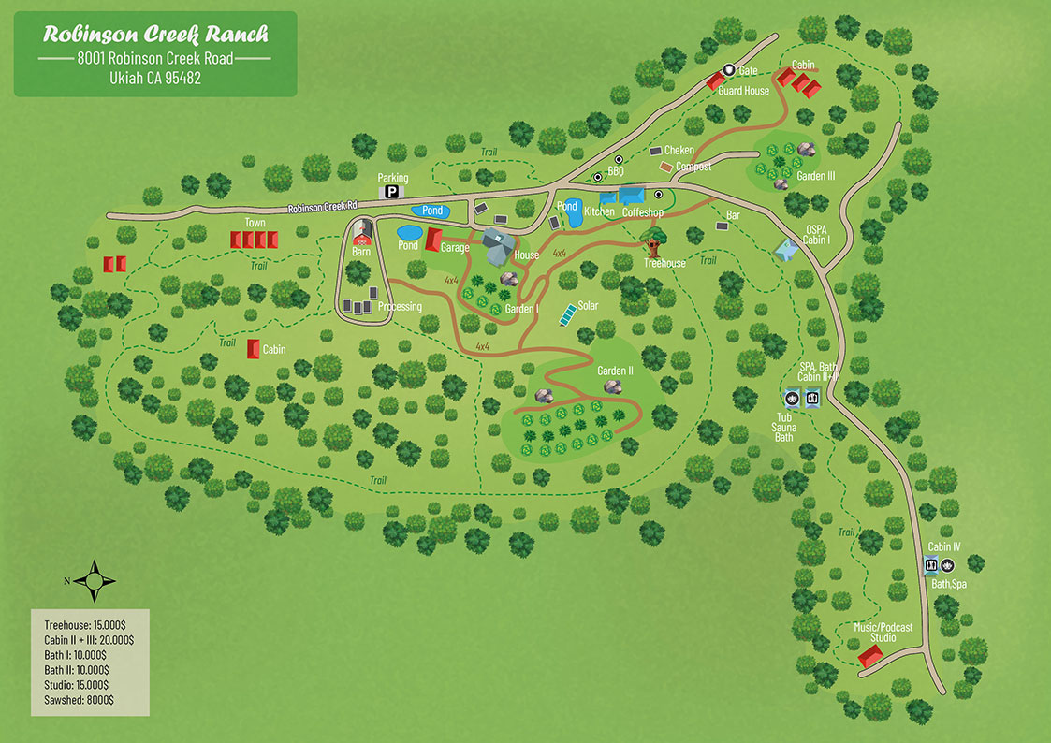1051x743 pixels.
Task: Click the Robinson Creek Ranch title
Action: [155, 35]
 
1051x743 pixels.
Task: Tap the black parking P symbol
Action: [392, 192]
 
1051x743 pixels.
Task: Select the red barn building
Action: [363, 230]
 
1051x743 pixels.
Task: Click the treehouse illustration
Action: [653, 246]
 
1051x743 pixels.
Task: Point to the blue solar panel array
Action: [566, 313]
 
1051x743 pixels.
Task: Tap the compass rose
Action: [95, 580]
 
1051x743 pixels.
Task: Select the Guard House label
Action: [743, 91]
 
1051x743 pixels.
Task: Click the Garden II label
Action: [616, 371]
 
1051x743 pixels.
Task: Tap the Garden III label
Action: [815, 175]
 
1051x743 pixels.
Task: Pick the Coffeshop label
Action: [643, 212]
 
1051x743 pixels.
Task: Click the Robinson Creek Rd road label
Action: [323, 208]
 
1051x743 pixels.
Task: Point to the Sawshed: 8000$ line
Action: [79, 699]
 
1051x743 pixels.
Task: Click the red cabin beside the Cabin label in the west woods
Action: [252, 349]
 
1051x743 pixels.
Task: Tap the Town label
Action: [255, 223]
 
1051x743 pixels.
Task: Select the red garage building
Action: [432, 240]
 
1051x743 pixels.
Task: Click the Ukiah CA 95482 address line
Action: [155, 79]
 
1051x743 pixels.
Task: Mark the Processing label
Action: [400, 307]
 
